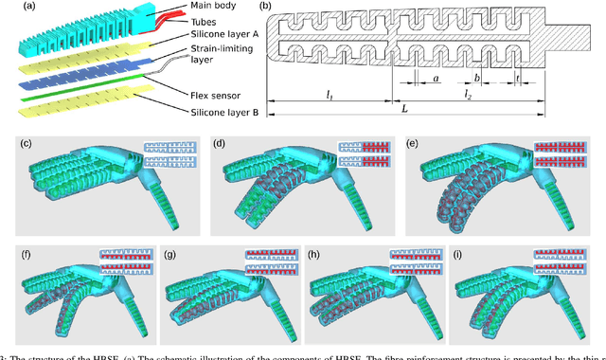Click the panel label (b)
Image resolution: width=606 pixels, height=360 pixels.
pyautogui.click(x=266, y=8)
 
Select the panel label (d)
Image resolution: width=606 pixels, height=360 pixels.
pyautogui.click(x=220, y=144)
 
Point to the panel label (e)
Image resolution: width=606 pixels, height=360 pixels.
pyautogui.click(x=412, y=144)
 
